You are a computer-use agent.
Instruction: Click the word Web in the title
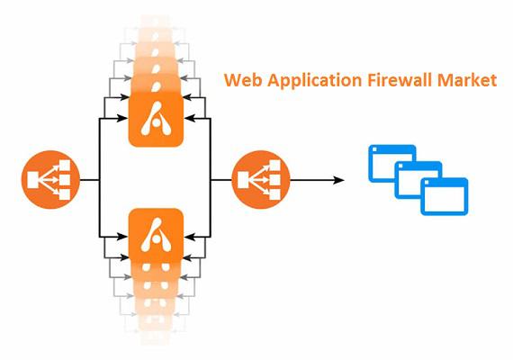(x=243, y=80)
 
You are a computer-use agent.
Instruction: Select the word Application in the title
(x=315, y=81)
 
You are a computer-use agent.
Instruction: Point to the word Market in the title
(x=467, y=80)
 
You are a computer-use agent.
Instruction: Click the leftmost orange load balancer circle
(x=50, y=180)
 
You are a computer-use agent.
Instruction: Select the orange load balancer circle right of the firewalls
(x=261, y=180)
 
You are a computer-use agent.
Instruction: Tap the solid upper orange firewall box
(x=156, y=119)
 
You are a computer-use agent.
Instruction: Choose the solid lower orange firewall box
(x=156, y=235)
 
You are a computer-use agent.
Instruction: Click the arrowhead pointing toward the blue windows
(x=338, y=180)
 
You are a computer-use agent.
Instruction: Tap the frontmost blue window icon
(x=444, y=196)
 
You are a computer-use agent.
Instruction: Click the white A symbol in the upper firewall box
(x=156, y=119)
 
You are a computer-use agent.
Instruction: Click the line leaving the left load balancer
(x=90, y=180)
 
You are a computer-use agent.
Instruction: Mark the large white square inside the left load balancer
(x=33, y=180)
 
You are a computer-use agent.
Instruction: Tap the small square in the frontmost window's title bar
(x=427, y=183)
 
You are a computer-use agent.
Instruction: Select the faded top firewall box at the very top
(x=156, y=23)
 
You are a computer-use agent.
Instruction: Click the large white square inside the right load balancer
(x=243, y=180)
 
